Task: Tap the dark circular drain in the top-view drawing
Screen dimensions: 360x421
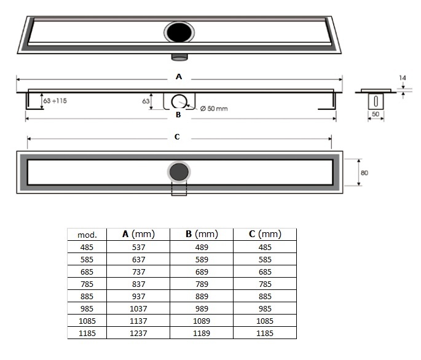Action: point(178,172)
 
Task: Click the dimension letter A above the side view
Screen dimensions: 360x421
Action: point(178,77)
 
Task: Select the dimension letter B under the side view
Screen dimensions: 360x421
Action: point(178,114)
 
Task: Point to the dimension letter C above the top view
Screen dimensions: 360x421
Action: point(177,137)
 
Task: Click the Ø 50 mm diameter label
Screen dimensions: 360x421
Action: point(214,109)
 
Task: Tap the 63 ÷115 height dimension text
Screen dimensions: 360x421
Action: point(55,100)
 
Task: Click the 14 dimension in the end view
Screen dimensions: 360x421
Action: point(402,79)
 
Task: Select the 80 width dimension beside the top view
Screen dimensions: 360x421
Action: point(364,173)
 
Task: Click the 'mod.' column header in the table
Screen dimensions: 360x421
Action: point(87,235)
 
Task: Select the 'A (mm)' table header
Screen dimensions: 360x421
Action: point(138,234)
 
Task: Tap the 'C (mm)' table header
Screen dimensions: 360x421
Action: point(265,234)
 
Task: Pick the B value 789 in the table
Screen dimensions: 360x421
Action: point(202,284)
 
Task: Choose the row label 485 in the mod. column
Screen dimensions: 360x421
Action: point(87,247)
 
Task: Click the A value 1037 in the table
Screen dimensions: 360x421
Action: point(138,308)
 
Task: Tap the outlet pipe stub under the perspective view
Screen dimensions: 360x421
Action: point(179,57)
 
